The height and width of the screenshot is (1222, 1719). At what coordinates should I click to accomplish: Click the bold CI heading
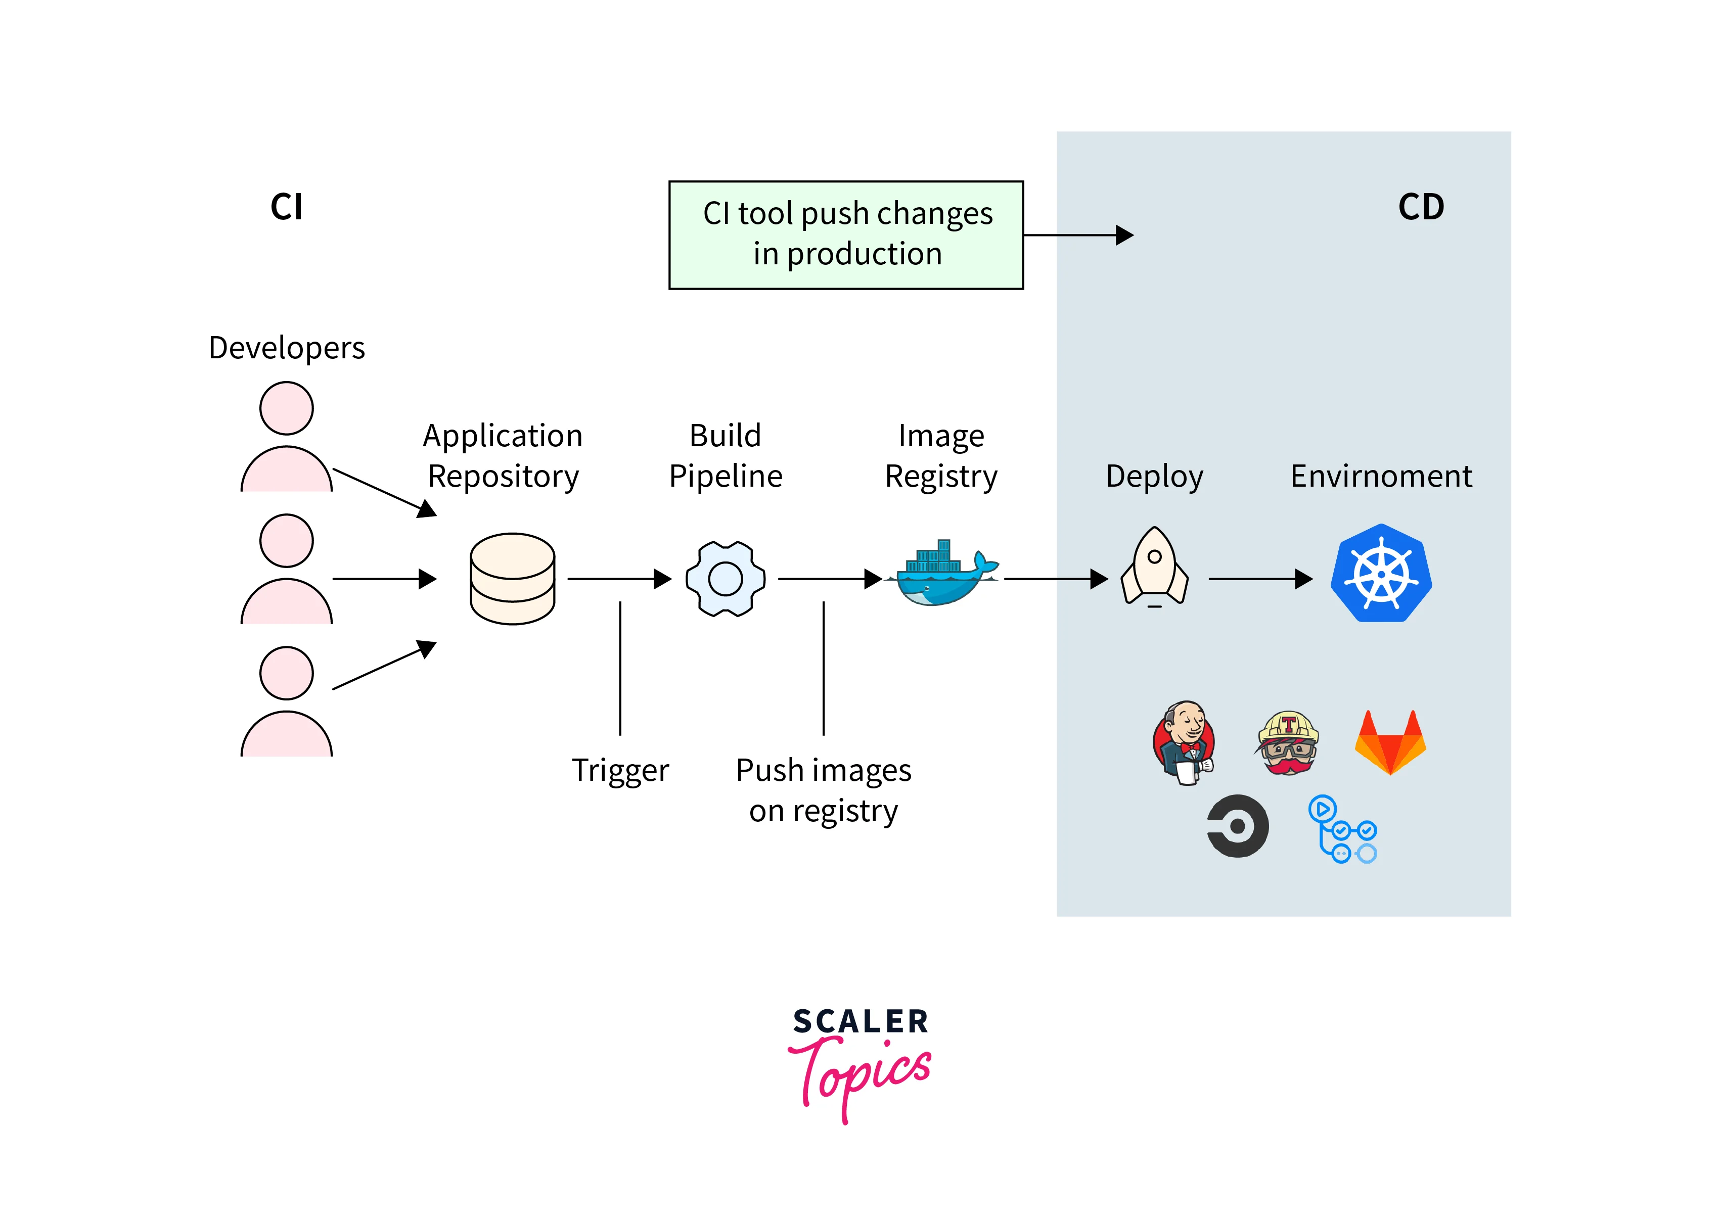pos(286,207)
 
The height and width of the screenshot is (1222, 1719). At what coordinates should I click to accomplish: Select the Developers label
pos(286,348)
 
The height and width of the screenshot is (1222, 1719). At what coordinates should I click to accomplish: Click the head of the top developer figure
pos(286,408)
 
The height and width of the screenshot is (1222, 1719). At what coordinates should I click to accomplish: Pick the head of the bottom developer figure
pos(286,673)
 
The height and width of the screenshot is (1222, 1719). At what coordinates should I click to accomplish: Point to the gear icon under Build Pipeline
pos(725,579)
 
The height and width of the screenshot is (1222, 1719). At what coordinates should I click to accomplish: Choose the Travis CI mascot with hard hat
pos(1288,743)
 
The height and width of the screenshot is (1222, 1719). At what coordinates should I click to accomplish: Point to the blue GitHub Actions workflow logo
pos(1342,829)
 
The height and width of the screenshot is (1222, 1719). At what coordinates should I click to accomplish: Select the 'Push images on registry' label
pos(824,790)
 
